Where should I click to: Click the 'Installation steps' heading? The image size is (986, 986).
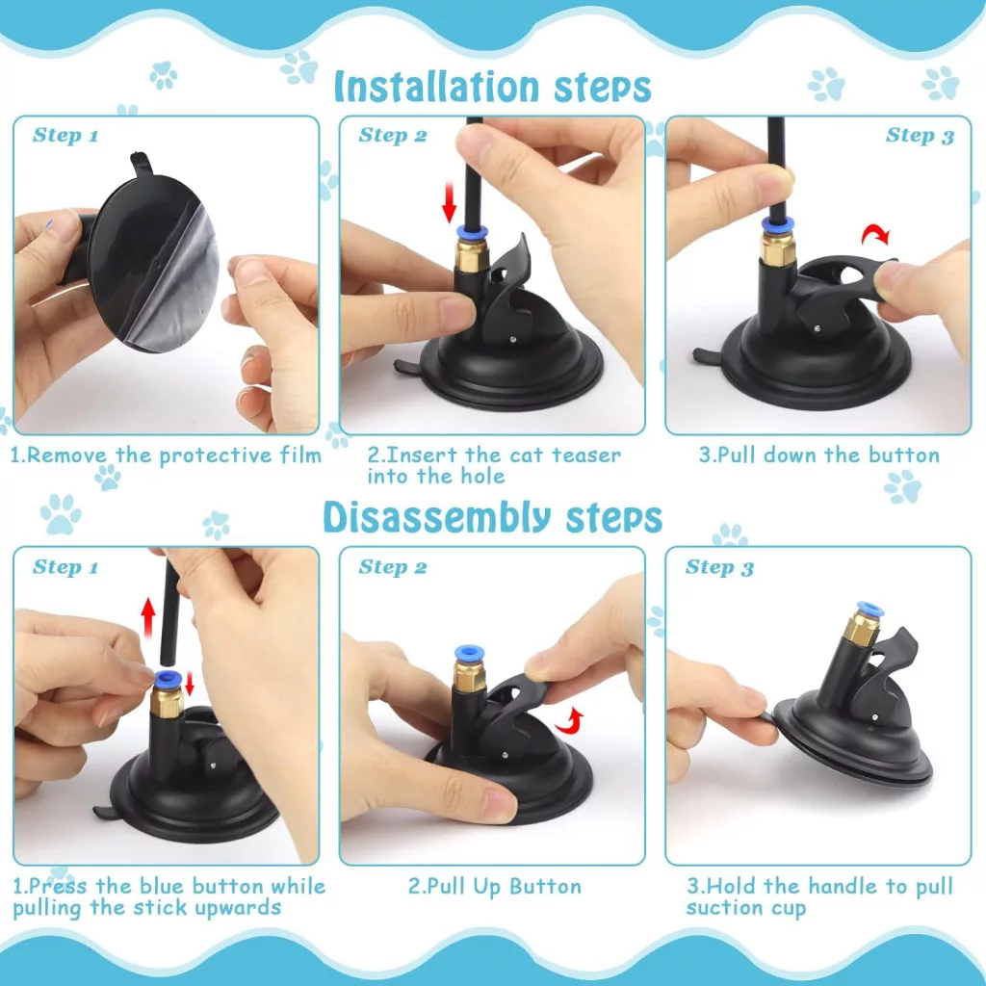(492, 87)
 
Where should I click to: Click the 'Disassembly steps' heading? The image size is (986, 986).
(492, 517)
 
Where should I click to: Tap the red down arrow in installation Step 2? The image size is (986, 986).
(449, 201)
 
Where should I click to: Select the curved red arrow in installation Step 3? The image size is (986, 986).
(875, 235)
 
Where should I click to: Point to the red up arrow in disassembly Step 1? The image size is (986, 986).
(148, 617)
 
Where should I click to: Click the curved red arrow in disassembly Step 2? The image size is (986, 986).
(570, 720)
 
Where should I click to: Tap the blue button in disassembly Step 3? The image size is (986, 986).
(869, 609)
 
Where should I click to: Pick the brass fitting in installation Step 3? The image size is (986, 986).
(778, 247)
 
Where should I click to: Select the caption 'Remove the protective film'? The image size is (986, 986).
(174, 455)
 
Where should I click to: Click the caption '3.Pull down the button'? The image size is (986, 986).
(819, 455)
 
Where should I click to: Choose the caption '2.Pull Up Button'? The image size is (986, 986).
(495, 887)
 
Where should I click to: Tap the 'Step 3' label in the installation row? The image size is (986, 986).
(920, 135)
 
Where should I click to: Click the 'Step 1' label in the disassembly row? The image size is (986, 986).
(65, 567)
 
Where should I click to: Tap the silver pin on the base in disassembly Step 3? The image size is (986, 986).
(875, 715)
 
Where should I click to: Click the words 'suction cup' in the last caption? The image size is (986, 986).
(746, 909)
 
